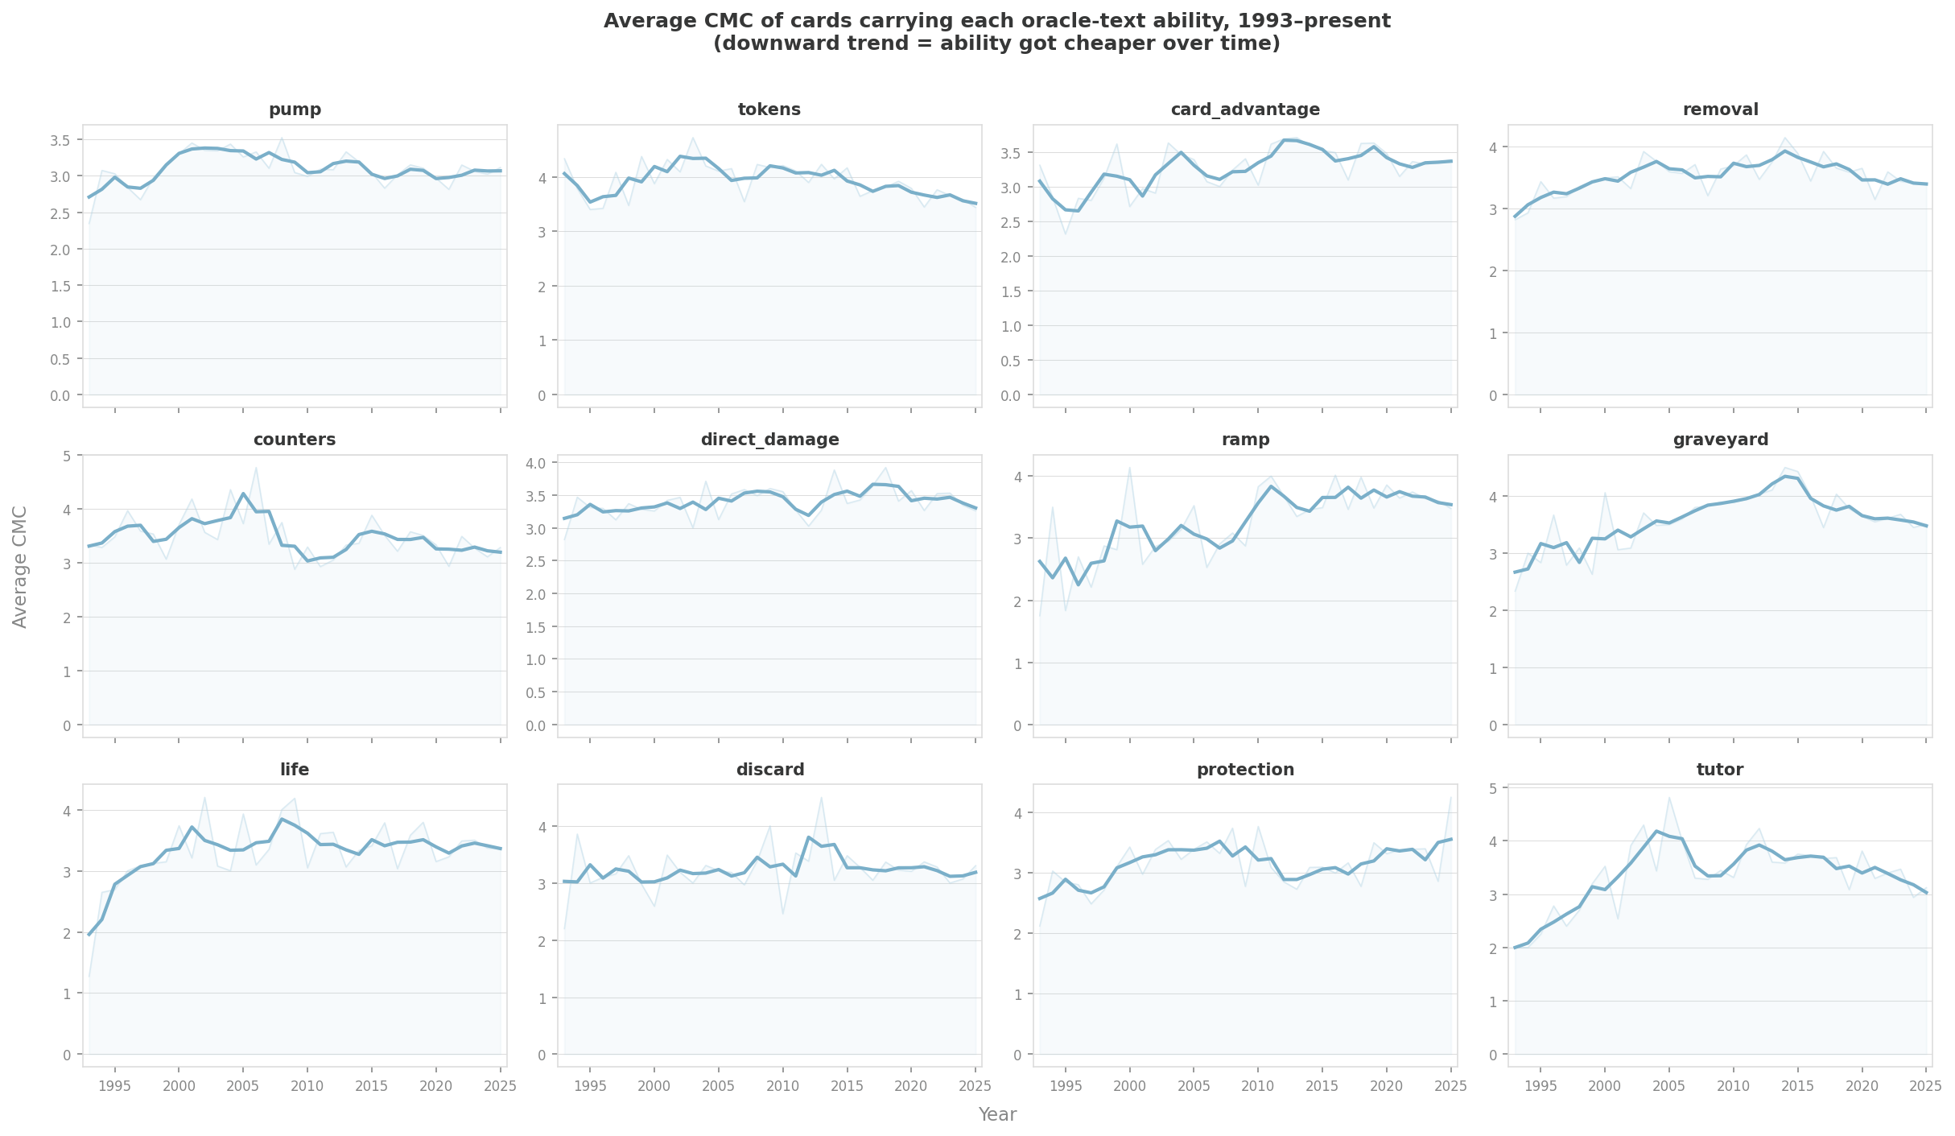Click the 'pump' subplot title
pos(295,109)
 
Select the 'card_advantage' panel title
pos(1245,109)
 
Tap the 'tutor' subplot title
pos(1720,770)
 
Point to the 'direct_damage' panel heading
pos(769,440)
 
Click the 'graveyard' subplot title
pos(1720,440)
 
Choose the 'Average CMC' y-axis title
pos(20,567)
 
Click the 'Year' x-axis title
pos(997,1114)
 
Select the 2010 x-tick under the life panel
pos(307,1086)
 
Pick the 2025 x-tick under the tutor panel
pos(1925,1086)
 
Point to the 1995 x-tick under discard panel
pos(590,1086)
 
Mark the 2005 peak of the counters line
pos(243,494)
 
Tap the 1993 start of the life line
pos(89,934)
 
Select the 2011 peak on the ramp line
pos(1271,486)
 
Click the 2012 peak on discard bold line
pos(808,837)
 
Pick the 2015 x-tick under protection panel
pos(1322,1086)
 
